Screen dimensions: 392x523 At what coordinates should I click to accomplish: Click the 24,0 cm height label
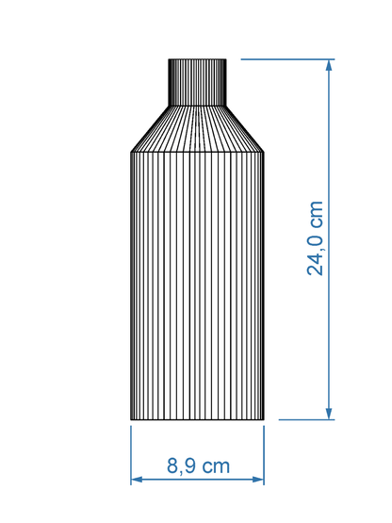click(315, 238)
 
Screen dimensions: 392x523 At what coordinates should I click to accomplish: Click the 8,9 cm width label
click(198, 466)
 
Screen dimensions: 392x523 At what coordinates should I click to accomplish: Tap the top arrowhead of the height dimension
click(329, 65)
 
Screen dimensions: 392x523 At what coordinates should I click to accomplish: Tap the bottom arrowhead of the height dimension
click(329, 414)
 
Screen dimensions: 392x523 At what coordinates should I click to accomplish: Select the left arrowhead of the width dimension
click(137, 480)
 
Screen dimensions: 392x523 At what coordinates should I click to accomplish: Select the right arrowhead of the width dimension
click(258, 480)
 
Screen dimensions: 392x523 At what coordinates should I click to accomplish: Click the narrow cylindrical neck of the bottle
click(198, 82)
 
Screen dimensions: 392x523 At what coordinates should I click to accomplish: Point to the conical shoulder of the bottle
click(198, 129)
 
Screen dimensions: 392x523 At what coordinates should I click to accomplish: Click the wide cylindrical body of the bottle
click(198, 286)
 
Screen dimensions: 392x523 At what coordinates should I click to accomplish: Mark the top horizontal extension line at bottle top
click(287, 59)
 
